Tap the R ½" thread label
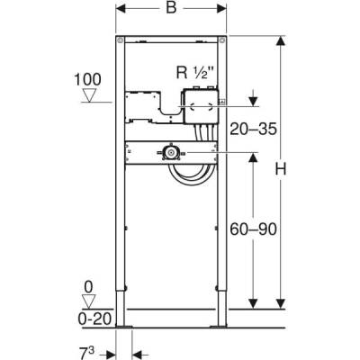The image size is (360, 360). tap(201, 75)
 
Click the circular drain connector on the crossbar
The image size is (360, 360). tap(169, 153)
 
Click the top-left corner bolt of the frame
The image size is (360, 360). tap(120, 42)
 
